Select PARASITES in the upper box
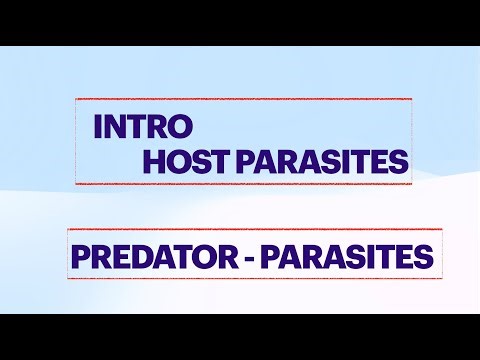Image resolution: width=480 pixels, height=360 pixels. (321, 161)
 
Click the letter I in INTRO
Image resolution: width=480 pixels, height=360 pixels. (97, 127)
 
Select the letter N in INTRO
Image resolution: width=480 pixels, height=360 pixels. (112, 127)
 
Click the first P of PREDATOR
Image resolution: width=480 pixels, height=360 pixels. (79, 258)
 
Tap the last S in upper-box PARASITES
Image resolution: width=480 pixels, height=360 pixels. (400, 161)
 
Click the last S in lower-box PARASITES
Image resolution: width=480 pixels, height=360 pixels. (424, 258)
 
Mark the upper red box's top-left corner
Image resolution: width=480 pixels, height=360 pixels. (76, 99)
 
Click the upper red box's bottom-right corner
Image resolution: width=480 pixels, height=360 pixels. (412, 184)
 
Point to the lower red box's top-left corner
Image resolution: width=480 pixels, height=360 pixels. (67, 230)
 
